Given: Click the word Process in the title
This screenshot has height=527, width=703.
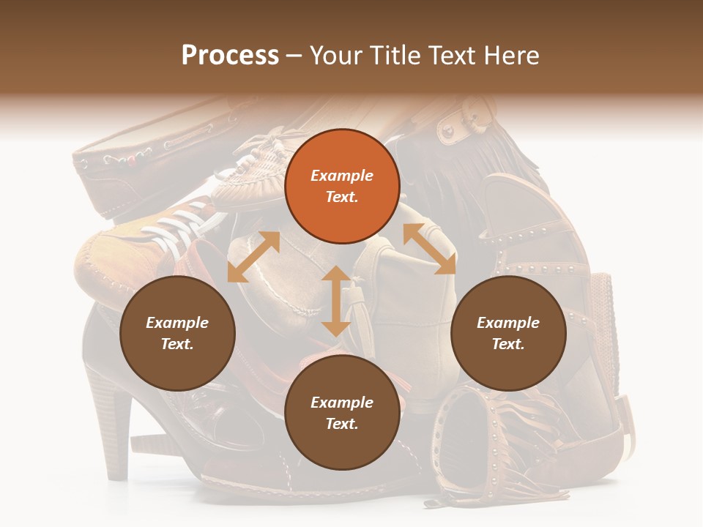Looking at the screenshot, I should (x=230, y=56).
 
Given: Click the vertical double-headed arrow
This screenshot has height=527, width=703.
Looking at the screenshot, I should (x=336, y=301).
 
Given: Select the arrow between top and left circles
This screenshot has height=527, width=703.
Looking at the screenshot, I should (x=253, y=257).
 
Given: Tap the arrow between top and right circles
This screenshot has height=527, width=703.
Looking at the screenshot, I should (x=429, y=249).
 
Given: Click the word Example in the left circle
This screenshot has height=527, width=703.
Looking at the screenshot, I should (x=177, y=323).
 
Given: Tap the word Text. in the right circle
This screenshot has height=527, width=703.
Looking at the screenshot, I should (x=507, y=344).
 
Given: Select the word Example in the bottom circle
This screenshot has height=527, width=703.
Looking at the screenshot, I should (x=342, y=403).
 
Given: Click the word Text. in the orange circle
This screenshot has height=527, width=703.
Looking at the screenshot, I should (x=342, y=197).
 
